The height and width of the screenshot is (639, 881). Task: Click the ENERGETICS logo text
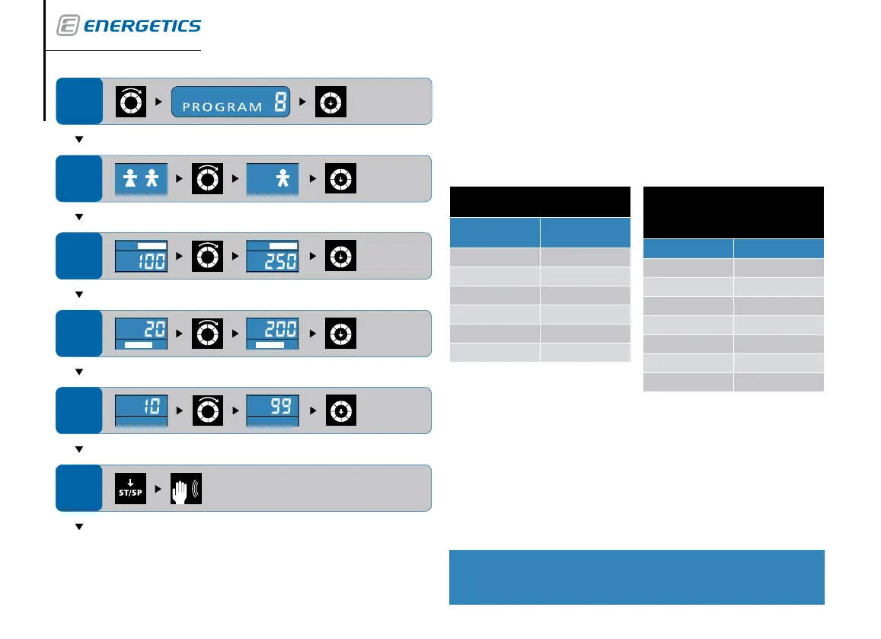click(x=142, y=26)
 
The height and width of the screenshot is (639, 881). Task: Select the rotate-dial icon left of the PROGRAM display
click(x=129, y=101)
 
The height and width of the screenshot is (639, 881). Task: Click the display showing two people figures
click(x=141, y=179)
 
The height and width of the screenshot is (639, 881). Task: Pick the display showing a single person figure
click(x=272, y=179)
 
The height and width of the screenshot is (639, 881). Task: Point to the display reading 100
click(x=141, y=257)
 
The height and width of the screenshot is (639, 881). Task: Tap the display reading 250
click(x=272, y=257)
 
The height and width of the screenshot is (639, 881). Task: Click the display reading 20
click(x=141, y=334)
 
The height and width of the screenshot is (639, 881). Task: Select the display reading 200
click(x=272, y=334)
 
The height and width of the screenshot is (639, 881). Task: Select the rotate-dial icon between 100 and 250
click(x=206, y=257)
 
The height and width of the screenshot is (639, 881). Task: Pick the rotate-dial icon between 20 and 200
click(x=206, y=334)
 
